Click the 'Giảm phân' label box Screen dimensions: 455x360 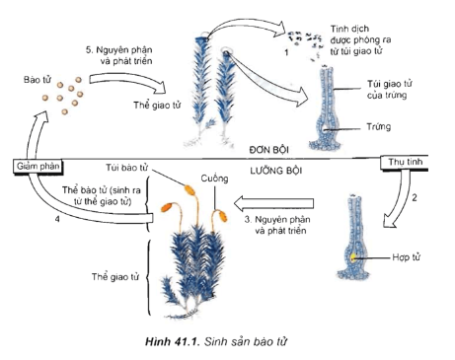tap(38, 166)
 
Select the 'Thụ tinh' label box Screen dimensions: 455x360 tap(405, 162)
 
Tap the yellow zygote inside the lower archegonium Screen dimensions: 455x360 tap(353, 257)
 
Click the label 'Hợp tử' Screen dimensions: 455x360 tap(407, 257)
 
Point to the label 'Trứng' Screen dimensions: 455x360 tap(379, 126)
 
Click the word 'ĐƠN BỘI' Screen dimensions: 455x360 tap(268, 150)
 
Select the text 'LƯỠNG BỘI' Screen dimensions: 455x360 tap(276, 171)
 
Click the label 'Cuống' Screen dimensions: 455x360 tap(214, 179)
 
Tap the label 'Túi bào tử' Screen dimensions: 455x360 tap(126, 168)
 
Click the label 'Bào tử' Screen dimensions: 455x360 tap(38, 80)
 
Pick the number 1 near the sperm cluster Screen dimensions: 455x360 tap(286, 52)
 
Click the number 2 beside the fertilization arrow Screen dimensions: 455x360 tap(415, 197)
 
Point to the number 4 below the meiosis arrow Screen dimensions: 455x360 tap(57, 219)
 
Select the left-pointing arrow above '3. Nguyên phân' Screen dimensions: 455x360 tap(273, 204)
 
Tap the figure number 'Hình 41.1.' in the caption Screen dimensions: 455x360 tap(173, 342)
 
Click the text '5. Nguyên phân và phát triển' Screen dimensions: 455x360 tap(119, 55)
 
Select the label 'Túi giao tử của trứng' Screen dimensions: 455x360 tap(389, 90)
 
